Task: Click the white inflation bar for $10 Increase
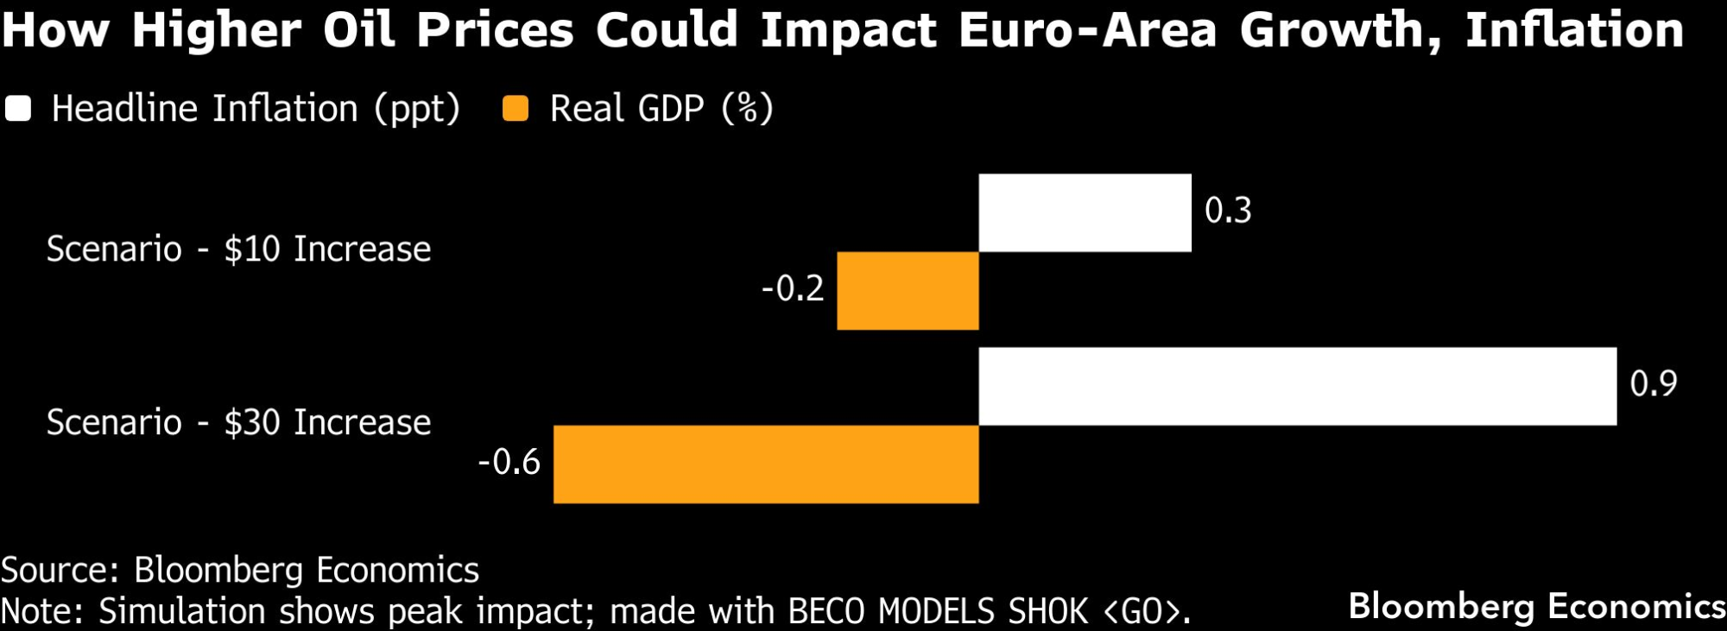(x=1085, y=213)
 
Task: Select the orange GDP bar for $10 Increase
(x=908, y=291)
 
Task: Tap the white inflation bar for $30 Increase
(x=1297, y=387)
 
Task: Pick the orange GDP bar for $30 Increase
(x=766, y=464)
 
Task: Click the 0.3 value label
(x=1228, y=211)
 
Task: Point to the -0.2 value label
(x=793, y=288)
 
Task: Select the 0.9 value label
(x=1653, y=384)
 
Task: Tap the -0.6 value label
(x=509, y=463)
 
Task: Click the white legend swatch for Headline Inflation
(x=18, y=109)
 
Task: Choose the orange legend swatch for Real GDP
(x=516, y=109)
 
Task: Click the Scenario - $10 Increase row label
(x=238, y=249)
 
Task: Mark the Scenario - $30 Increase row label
(x=238, y=423)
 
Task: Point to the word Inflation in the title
(x=1573, y=30)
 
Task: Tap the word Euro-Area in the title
(x=1088, y=30)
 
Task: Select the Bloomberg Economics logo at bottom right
(x=1537, y=606)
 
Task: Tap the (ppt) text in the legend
(x=417, y=110)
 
